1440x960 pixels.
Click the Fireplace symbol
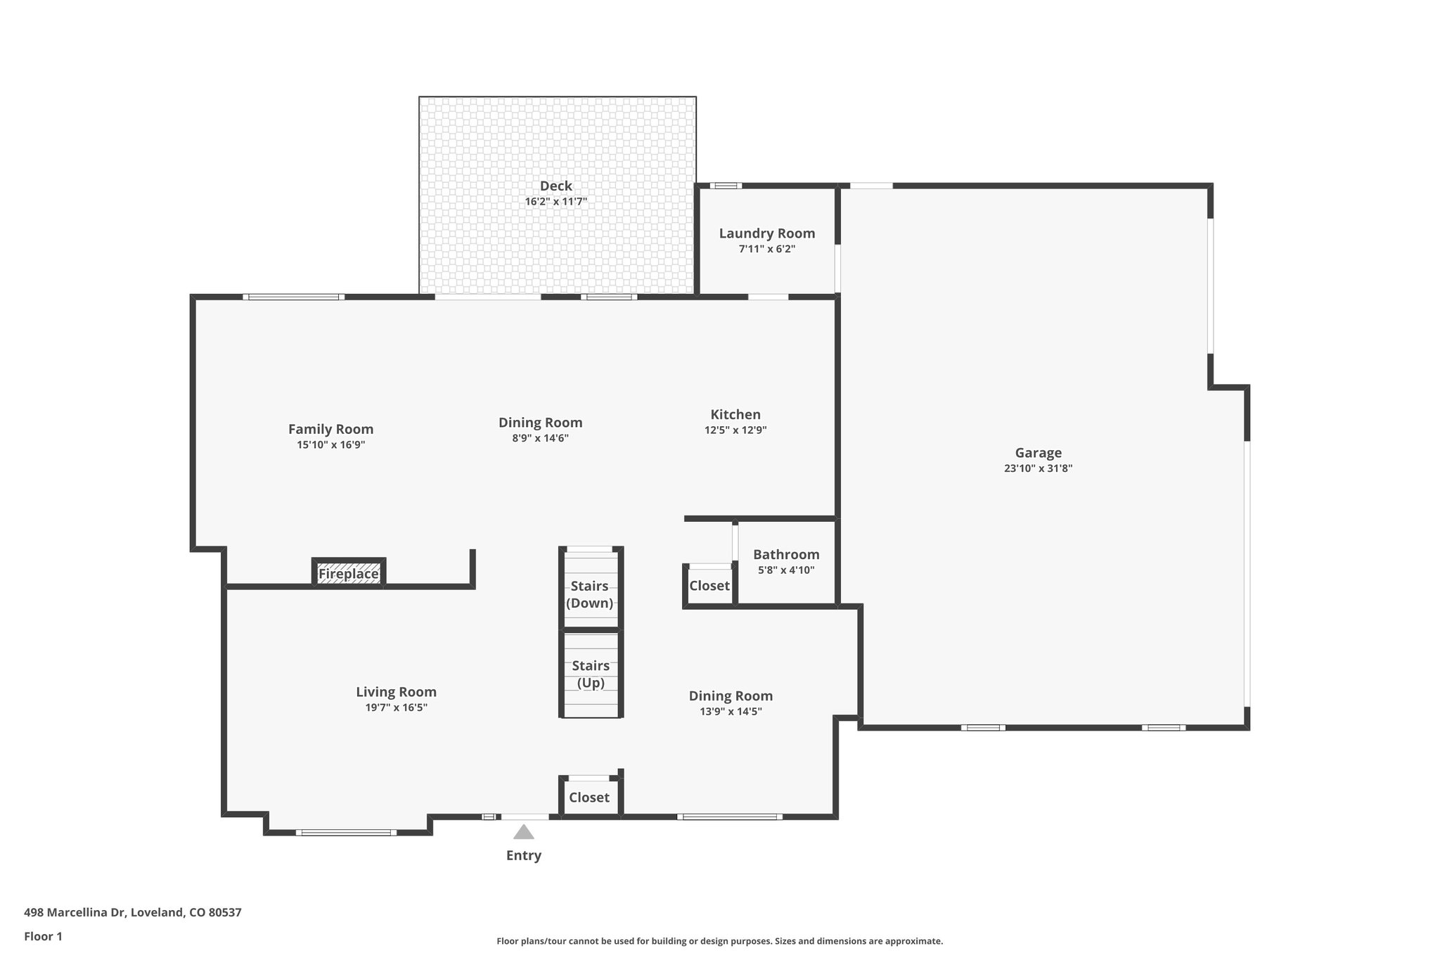[349, 574]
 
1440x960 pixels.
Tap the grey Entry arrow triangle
[523, 833]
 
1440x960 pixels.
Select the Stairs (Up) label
[591, 674]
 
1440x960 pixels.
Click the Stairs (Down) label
[589, 594]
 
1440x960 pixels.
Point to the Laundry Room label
[766, 233]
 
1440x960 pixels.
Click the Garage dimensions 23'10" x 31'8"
[1038, 468]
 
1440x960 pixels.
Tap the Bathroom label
[786, 554]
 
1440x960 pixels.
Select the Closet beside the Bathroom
[709, 586]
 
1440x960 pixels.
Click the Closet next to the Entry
[589, 797]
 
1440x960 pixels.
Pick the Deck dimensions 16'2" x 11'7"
[555, 202]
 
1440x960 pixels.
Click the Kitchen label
[735, 414]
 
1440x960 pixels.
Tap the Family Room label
[330, 429]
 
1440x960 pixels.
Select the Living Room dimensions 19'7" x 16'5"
[396, 708]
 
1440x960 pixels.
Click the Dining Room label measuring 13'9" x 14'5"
[731, 696]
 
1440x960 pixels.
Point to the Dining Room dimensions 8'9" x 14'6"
[540, 438]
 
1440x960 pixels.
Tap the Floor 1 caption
[44, 936]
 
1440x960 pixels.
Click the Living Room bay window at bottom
[345, 833]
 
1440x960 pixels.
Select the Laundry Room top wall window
[726, 186]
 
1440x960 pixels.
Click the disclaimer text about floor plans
[719, 941]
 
